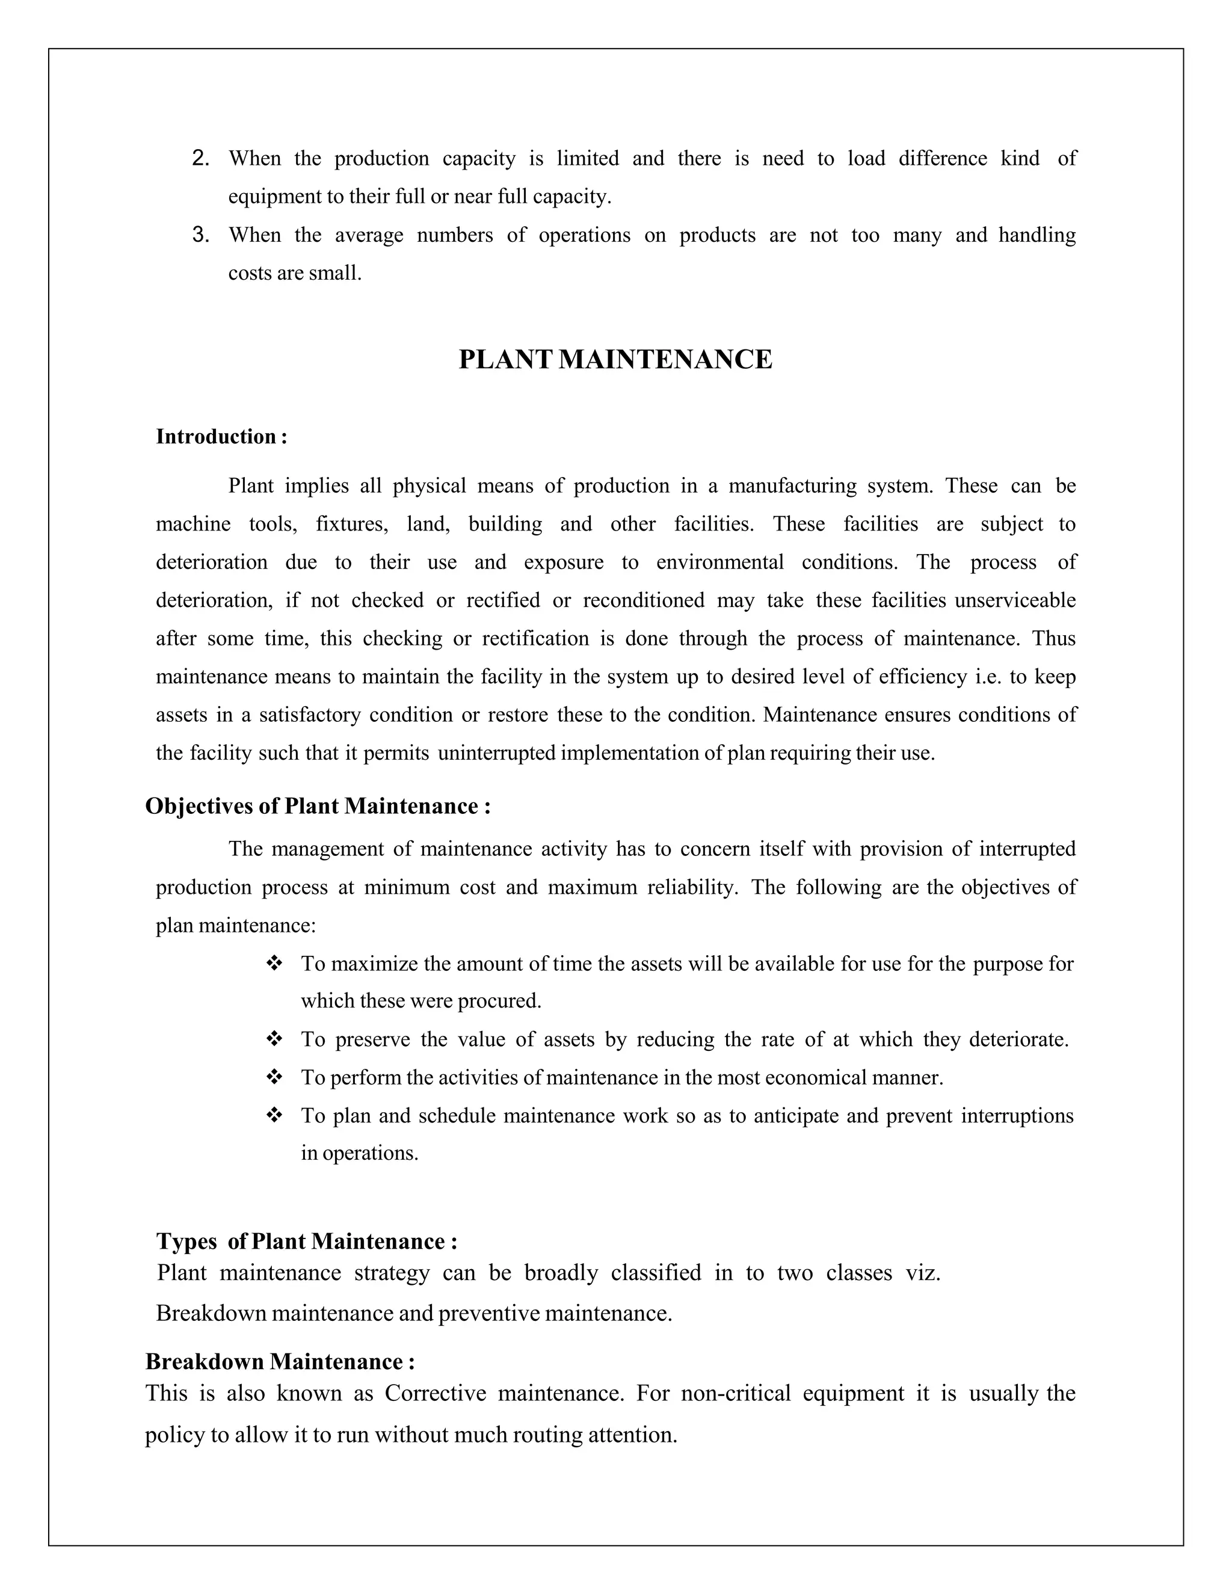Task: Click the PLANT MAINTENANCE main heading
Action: [x=615, y=360]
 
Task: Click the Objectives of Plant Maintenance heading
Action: [x=318, y=806]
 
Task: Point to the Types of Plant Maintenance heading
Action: [x=307, y=1242]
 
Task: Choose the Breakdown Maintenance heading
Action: [x=280, y=1362]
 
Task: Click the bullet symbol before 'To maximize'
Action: [x=274, y=964]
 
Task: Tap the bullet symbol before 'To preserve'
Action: [x=274, y=1039]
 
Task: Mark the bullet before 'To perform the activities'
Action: [x=274, y=1077]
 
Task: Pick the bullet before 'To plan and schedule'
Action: [x=274, y=1115]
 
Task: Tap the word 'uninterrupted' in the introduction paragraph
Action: [x=497, y=753]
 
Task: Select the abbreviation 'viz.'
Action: [x=923, y=1273]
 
